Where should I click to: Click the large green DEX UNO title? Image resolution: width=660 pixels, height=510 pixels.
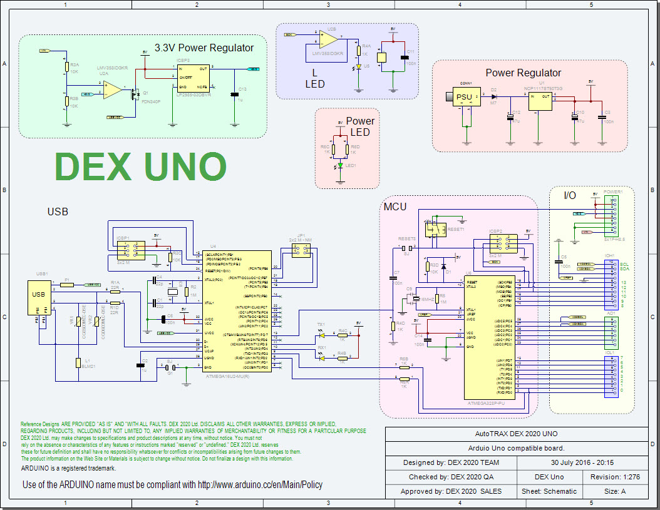coord(141,167)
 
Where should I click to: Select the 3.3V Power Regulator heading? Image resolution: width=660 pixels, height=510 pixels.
coord(204,48)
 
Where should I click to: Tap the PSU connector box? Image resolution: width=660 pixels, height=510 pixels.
coord(465,97)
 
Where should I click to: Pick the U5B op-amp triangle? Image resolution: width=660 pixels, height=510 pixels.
coord(327,39)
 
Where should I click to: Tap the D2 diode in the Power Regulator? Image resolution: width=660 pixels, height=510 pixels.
coord(494,97)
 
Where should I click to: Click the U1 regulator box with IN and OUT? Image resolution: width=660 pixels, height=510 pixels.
coord(540,101)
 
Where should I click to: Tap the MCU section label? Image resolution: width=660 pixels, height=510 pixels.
coord(396,207)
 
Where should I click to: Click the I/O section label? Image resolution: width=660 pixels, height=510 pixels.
coord(569,195)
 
